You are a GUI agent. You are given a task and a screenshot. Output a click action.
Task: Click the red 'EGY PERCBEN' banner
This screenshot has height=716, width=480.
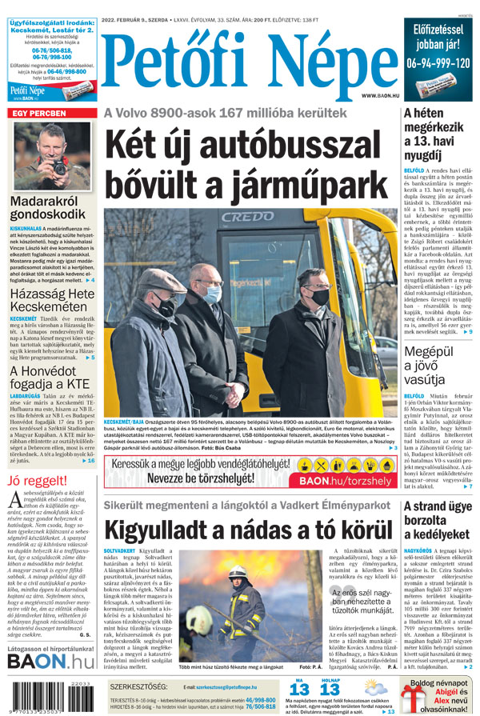[x=38, y=114]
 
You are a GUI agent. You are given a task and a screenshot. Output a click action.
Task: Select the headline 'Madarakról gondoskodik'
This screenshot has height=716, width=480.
[x=47, y=208]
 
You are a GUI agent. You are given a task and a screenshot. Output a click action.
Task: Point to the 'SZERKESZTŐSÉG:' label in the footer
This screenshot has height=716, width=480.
[x=138, y=686]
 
